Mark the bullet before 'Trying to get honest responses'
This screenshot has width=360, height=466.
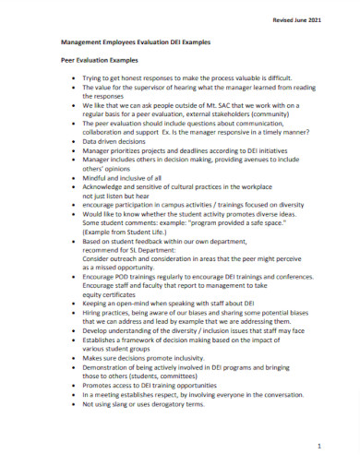pyautogui.click(x=73, y=80)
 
